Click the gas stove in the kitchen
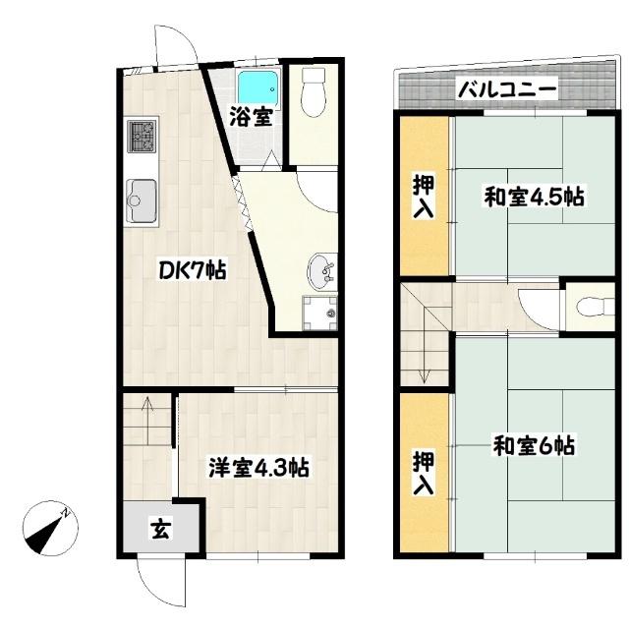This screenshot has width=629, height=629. point(141,137)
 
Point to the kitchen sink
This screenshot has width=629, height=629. point(142,201)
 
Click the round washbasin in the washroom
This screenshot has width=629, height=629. point(322,266)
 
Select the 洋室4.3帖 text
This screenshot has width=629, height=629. point(258,468)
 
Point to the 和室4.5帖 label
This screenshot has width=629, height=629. point(534,197)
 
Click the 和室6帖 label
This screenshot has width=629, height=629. point(533,447)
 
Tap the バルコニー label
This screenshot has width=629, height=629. point(507,90)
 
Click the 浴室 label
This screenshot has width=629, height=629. point(252,117)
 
